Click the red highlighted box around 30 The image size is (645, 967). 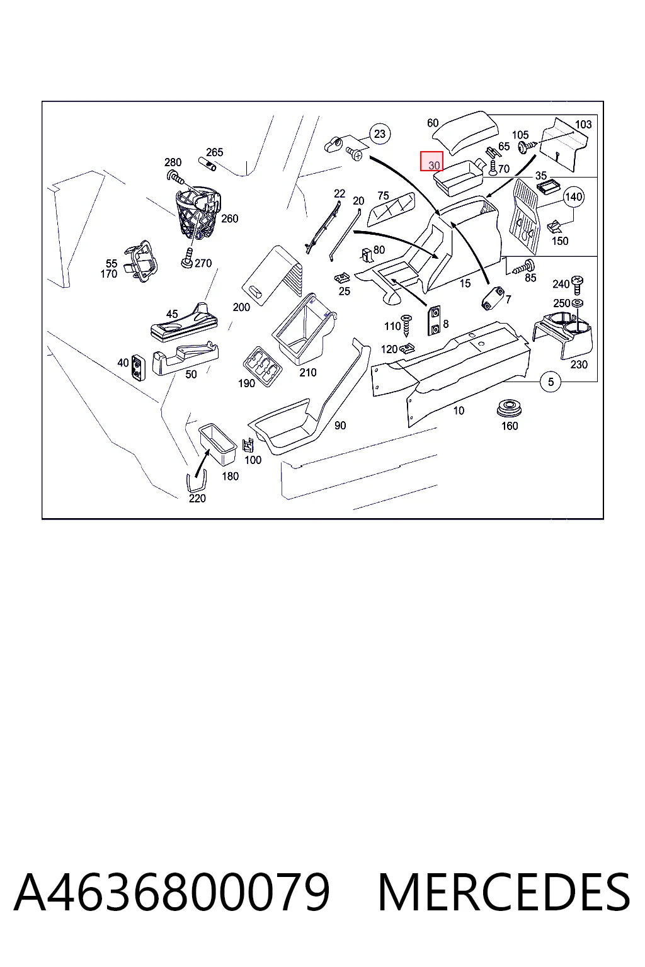pos(431,161)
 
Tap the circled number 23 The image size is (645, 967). pos(380,134)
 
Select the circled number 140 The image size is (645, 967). pos(574,197)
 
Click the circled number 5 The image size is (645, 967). pos(551,382)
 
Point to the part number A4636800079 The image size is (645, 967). pos(171,892)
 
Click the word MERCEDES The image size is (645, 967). pos(504,892)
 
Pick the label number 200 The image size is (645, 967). pos(241,307)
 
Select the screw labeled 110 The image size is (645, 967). pos(407,325)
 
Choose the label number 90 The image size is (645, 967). pos(340,426)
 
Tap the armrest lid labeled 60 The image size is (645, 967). pos(465,132)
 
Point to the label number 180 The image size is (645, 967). pos(231,476)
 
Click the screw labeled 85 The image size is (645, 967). pos(523,267)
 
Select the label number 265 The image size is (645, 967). pos(214,152)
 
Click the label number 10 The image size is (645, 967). pos(459,410)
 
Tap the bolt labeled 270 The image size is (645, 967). pos(187,258)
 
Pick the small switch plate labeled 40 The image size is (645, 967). pos(139,367)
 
